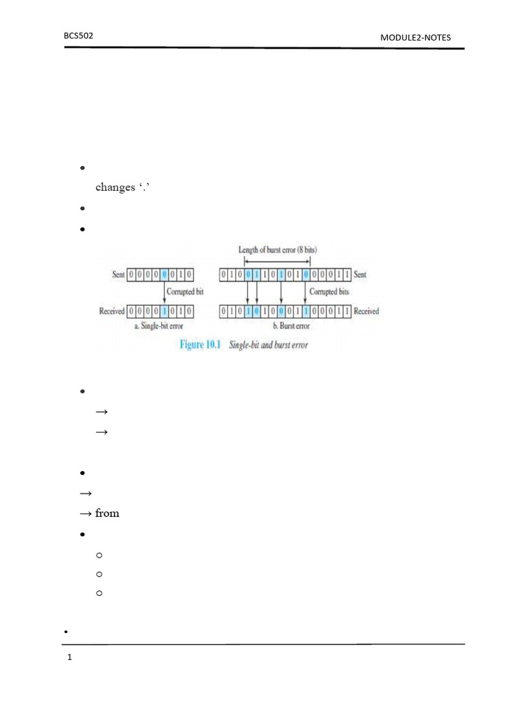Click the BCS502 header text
[x=78, y=34]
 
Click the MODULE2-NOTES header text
[x=416, y=37]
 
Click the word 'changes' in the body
[x=115, y=187]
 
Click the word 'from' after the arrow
[x=107, y=514]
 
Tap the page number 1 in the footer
[x=69, y=658]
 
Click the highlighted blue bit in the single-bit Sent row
[x=164, y=275]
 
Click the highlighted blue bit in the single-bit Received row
[x=164, y=311]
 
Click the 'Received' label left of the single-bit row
[x=112, y=311]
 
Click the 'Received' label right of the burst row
[x=366, y=311]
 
